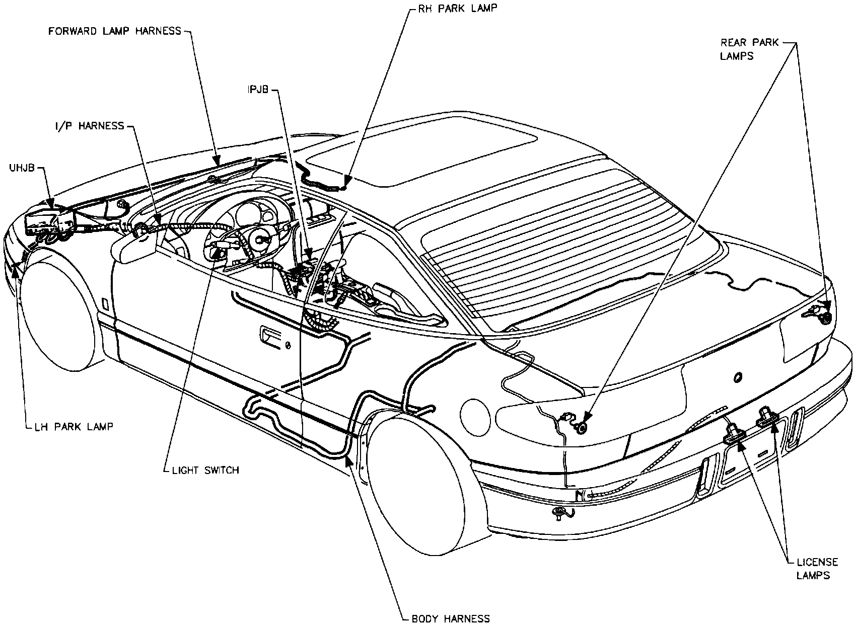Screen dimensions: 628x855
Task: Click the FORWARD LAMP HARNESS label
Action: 114,31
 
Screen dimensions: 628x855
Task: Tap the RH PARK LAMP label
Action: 451,9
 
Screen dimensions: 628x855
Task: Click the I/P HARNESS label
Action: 90,126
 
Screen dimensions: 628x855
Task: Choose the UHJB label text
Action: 21,168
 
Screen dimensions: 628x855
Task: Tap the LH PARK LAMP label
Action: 74,427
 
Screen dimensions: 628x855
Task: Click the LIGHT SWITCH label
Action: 205,470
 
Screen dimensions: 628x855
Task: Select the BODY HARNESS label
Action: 451,618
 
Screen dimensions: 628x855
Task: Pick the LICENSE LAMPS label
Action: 817,568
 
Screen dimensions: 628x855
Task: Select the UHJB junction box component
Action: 49,221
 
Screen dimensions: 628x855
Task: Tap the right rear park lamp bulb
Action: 825,318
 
